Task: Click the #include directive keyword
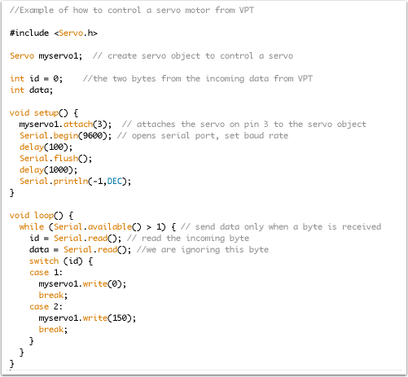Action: point(29,33)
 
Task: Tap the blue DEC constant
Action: point(114,181)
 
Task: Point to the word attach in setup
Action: point(78,124)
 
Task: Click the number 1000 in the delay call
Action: point(59,169)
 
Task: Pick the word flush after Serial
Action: point(66,158)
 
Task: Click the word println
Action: point(71,181)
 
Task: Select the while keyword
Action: point(32,226)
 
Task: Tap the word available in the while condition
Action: point(110,226)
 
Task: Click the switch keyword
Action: point(44,261)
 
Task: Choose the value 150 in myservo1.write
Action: point(120,318)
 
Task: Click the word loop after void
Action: point(44,216)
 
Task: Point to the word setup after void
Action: point(46,113)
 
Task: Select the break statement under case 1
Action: point(51,295)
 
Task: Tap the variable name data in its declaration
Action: point(39,90)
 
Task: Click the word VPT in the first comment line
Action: point(247,11)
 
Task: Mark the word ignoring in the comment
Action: point(200,250)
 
